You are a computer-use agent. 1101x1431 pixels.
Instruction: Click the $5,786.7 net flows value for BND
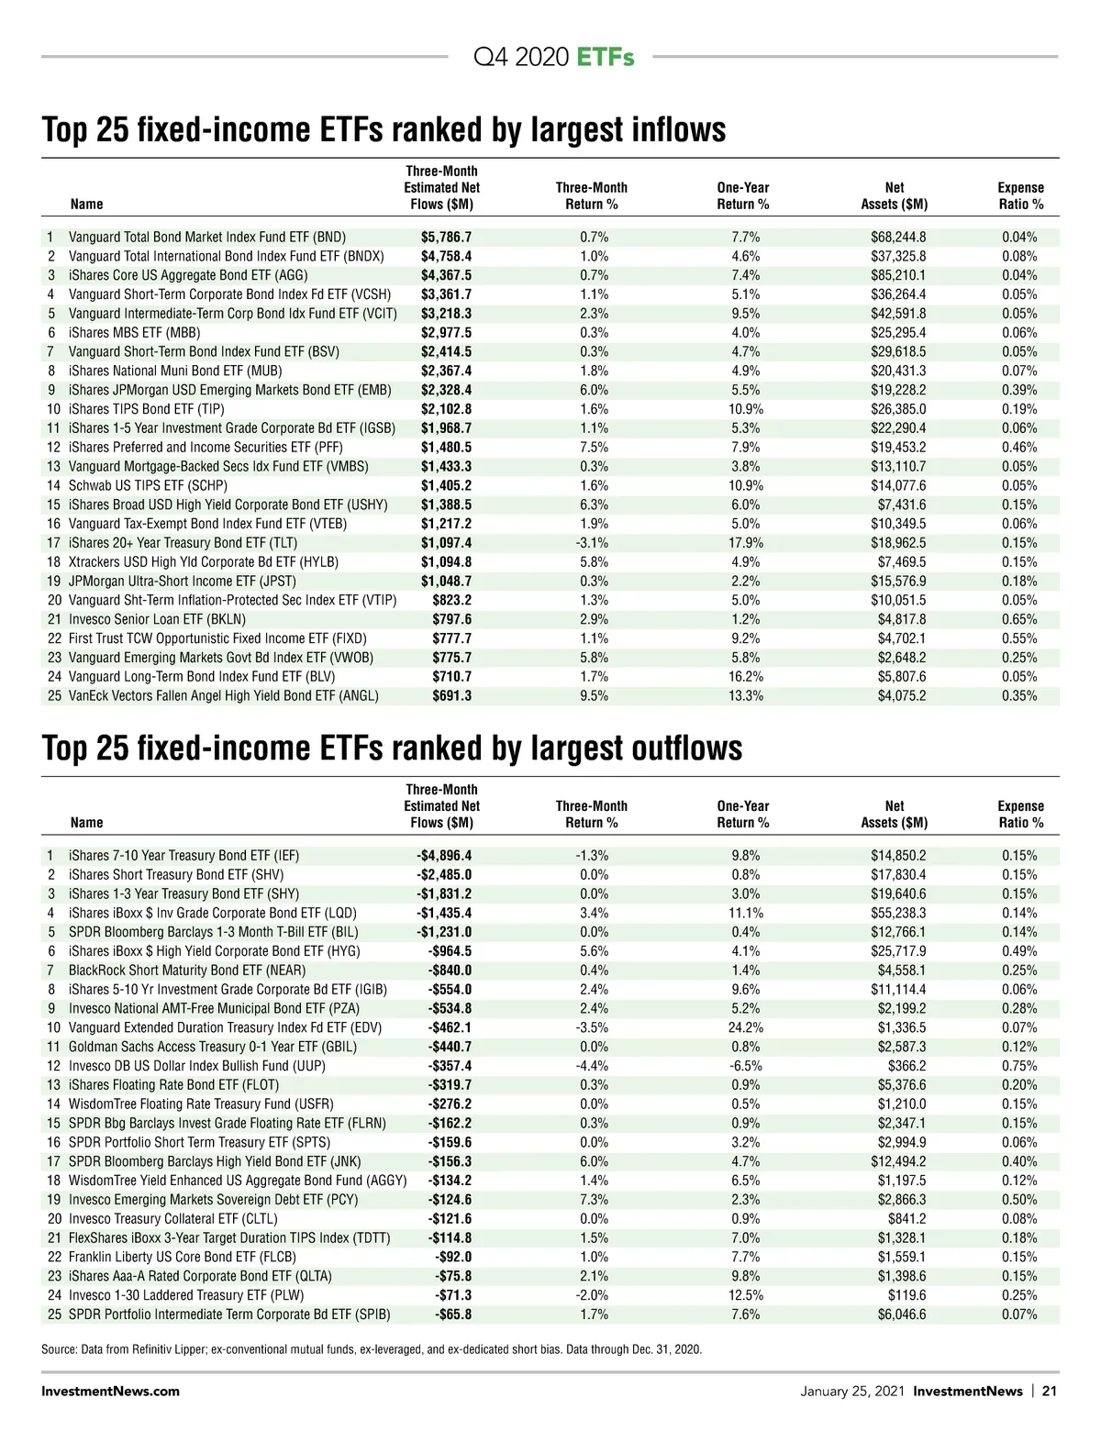(x=446, y=237)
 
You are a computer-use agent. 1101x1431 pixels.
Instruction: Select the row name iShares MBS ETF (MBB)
(x=134, y=333)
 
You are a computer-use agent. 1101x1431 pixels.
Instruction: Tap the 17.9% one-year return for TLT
(x=746, y=543)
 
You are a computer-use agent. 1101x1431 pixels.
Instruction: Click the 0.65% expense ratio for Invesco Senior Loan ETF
(x=1019, y=619)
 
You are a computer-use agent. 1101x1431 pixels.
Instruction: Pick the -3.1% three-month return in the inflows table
(x=592, y=543)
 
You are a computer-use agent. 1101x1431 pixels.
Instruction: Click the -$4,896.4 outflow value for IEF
(x=444, y=856)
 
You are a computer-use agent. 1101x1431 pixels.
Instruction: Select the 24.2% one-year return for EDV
(x=745, y=1027)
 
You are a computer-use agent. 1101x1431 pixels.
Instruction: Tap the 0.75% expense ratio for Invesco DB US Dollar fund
(x=1019, y=1066)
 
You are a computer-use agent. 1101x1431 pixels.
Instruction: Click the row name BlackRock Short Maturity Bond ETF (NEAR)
(x=187, y=971)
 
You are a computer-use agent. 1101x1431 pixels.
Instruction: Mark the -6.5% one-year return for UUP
(x=745, y=1066)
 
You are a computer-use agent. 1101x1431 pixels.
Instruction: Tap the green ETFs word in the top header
(x=606, y=57)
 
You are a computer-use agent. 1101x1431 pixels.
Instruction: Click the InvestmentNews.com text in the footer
(x=110, y=1391)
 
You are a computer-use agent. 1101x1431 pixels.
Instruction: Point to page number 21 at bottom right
(x=1049, y=1391)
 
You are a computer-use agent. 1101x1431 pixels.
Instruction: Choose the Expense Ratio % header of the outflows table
(x=1020, y=815)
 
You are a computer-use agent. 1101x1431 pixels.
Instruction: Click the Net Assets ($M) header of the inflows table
(x=894, y=195)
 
